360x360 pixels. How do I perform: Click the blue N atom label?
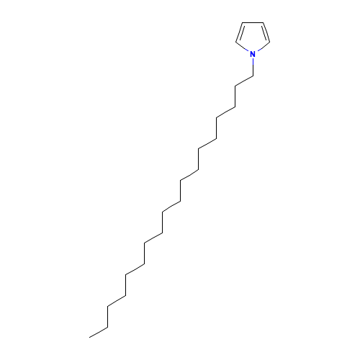[253, 54]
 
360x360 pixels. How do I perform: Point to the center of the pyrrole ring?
[253, 37]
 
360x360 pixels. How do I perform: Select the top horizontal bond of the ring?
[253, 22]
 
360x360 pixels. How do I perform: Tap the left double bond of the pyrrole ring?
[239, 32]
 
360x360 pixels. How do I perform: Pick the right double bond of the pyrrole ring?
[266, 32]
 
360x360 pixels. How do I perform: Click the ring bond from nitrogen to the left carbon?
[243, 47]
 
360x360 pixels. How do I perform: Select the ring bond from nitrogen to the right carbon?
[263, 47]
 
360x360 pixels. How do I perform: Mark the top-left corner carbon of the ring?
[243, 22]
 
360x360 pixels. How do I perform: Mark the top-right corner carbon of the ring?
[264, 22]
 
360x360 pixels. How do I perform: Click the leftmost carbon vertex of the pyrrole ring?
[235, 42]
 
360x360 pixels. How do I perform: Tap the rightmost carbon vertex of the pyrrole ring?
[270, 42]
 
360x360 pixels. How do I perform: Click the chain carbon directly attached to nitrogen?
[253, 76]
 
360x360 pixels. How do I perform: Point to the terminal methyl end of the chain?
[89, 338]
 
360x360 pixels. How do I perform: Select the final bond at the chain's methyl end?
[99, 332]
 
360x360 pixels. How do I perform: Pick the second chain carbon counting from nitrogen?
[235, 86]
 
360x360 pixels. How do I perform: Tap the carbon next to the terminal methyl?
[107, 327]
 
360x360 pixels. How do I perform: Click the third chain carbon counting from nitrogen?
[235, 107]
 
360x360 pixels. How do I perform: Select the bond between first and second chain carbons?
[244, 81]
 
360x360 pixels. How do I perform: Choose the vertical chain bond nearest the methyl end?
[107, 317]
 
